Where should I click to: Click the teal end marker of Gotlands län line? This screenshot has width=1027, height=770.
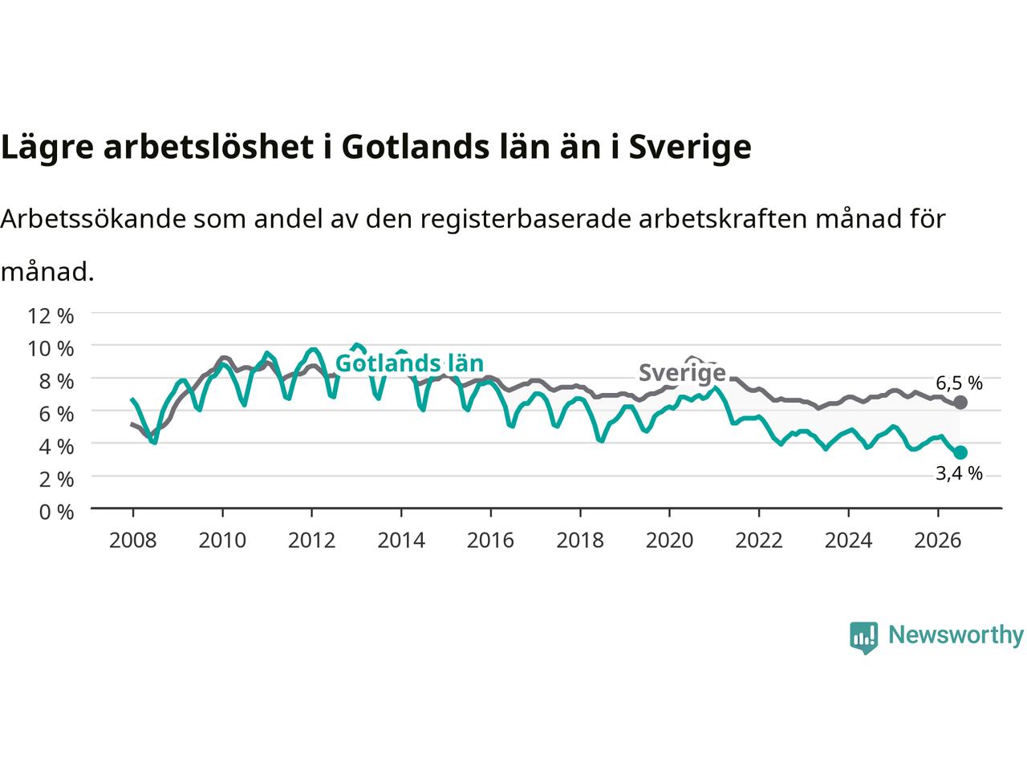[x=960, y=452]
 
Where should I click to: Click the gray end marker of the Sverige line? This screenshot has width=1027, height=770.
[x=960, y=402]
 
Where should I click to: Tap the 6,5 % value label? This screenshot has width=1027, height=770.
[x=959, y=383]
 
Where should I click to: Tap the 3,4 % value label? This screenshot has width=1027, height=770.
[x=959, y=474]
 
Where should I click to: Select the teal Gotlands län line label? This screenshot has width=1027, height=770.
[x=409, y=363]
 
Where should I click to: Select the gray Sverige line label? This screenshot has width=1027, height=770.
[x=682, y=373]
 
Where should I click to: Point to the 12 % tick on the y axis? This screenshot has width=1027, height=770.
[x=51, y=317]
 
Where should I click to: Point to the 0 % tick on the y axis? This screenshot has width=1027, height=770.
[x=57, y=513]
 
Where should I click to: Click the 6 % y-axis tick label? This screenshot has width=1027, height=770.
[x=57, y=414]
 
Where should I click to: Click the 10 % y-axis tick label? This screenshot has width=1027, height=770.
[x=51, y=349]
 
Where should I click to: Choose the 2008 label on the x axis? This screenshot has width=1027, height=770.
[x=133, y=541]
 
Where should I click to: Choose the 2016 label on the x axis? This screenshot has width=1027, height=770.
[x=490, y=541]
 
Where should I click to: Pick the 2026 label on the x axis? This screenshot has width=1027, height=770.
[x=938, y=541]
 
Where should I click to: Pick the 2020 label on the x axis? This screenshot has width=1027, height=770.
[x=669, y=541]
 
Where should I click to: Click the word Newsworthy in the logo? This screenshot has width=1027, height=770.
[x=956, y=635]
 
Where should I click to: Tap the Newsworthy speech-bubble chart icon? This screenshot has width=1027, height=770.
[x=863, y=638]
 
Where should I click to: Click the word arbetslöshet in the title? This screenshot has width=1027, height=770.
[x=208, y=147]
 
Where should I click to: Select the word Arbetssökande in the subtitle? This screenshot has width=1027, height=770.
[x=93, y=219]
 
